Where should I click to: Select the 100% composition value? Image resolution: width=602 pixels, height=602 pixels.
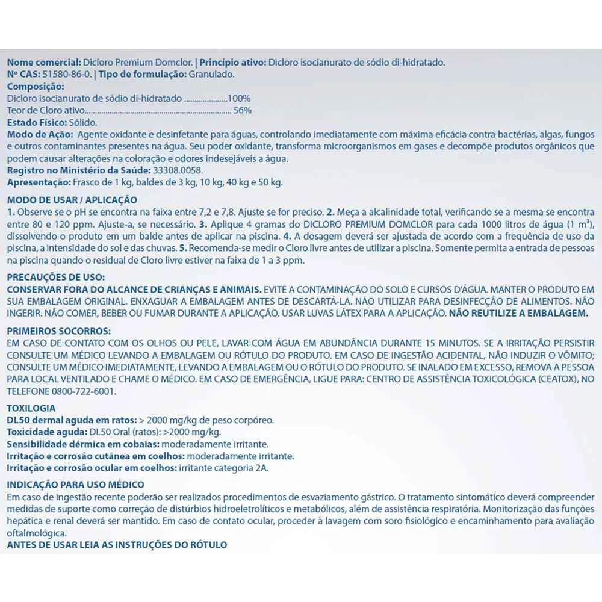pyautogui.click(x=238, y=98)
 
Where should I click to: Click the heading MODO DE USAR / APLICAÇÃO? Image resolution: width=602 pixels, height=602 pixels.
pyautogui.click(x=72, y=200)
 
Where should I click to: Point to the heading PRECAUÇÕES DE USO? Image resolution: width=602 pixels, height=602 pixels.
pyautogui.click(x=55, y=276)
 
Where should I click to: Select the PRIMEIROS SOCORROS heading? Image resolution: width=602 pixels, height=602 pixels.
pyautogui.click(x=58, y=330)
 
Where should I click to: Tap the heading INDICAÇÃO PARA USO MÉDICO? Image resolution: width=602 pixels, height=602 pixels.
pyautogui.click(x=75, y=485)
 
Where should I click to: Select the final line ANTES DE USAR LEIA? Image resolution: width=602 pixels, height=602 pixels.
pyautogui.click(x=117, y=545)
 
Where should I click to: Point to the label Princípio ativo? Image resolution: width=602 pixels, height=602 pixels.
pyautogui.click(x=232, y=62)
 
